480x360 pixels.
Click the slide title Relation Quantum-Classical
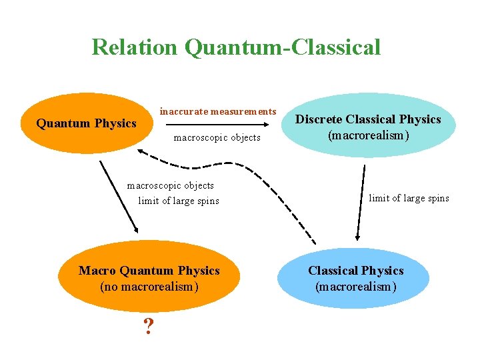[236, 47]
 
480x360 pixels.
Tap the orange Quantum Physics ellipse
[86, 123]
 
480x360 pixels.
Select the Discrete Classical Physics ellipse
[368, 126]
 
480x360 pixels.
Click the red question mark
[149, 325]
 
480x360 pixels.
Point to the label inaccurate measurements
[217, 111]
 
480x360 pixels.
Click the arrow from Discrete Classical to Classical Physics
[362, 202]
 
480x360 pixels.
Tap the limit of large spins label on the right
[409, 198]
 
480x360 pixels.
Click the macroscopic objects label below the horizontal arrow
[217, 138]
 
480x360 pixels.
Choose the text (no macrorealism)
[149, 287]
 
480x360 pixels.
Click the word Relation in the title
[135, 47]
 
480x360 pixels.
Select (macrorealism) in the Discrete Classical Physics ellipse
[368, 135]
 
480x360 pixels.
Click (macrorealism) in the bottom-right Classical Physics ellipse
[355, 287]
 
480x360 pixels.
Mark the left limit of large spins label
[178, 201]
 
